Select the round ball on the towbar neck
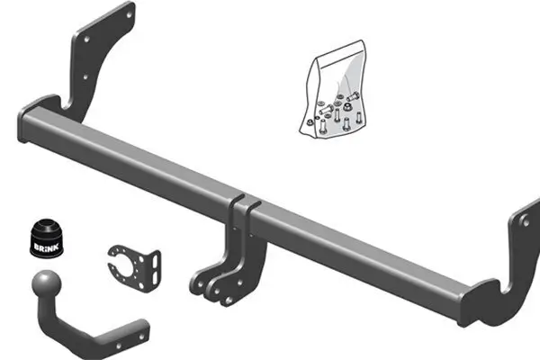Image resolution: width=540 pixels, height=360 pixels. (42, 286)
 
